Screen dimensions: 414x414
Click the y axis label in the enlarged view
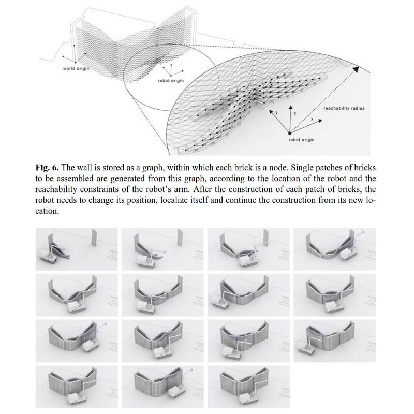pyautogui.click(x=276, y=112)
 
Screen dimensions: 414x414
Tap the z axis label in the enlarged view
pyautogui.click(x=293, y=111)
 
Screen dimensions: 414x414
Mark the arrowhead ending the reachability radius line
pyautogui.click(x=356, y=67)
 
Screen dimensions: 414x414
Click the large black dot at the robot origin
pyautogui.click(x=290, y=132)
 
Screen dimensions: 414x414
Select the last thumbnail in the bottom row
pyautogui.click(x=248, y=387)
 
